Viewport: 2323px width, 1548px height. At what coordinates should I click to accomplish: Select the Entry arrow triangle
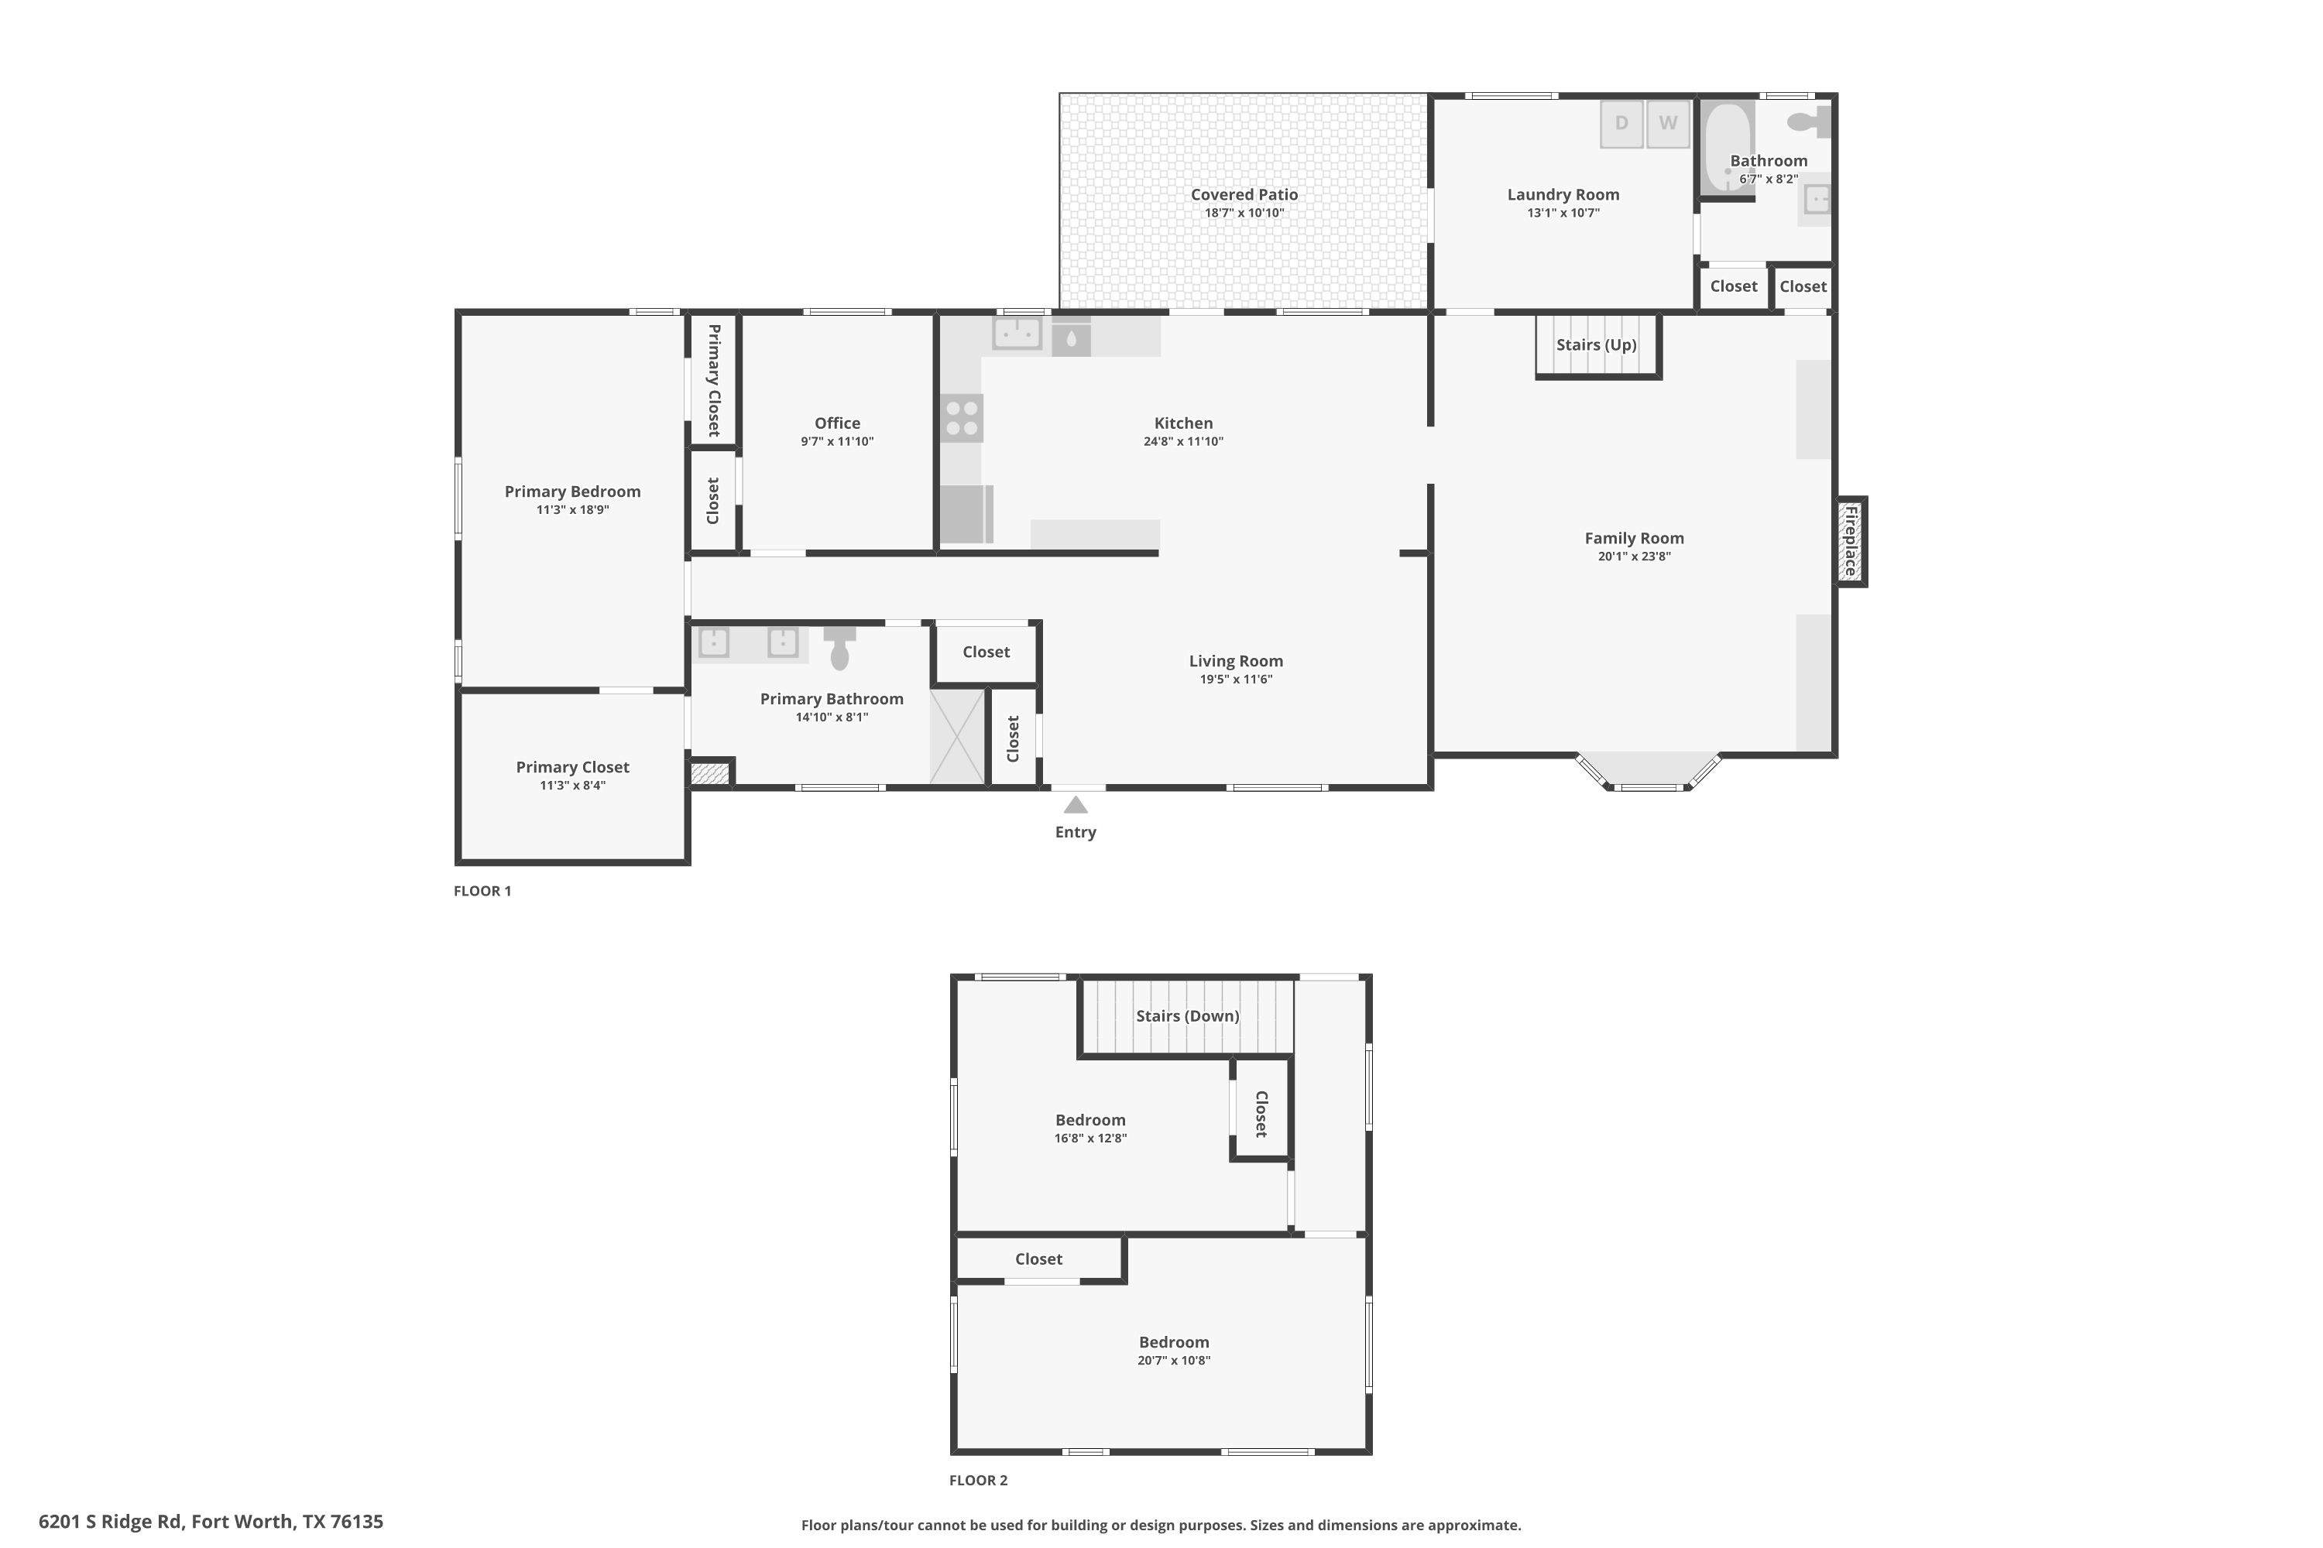(1076, 806)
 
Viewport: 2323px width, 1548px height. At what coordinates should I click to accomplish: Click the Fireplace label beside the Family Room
(1851, 541)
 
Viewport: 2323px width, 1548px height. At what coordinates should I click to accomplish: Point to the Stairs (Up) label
(1596, 344)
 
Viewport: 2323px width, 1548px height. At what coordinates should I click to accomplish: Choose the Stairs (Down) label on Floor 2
(1187, 1015)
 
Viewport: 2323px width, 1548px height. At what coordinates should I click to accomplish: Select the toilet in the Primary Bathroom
(839, 648)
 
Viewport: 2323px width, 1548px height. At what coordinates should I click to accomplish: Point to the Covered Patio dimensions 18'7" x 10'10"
(1244, 214)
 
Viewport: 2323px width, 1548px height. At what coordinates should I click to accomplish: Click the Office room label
(836, 423)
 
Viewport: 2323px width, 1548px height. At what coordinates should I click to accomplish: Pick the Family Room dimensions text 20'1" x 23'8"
(1634, 557)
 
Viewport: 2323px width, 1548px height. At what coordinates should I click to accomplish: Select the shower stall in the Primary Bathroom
(958, 737)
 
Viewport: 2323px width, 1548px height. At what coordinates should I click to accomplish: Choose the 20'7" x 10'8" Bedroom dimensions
(1173, 1361)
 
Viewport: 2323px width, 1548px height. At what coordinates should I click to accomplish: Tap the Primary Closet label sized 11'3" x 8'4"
(572, 767)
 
